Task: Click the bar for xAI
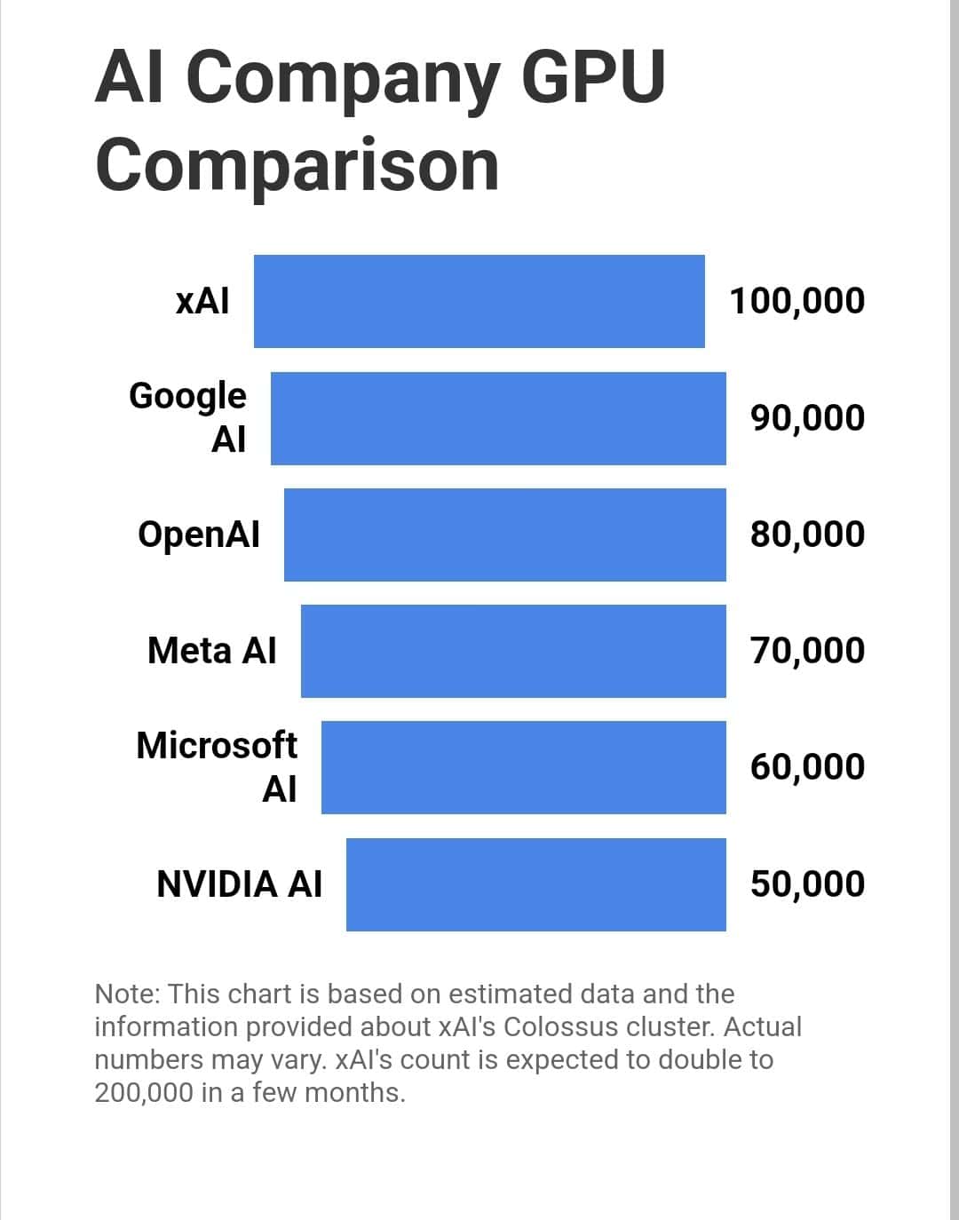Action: pyautogui.click(x=479, y=301)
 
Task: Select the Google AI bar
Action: pyautogui.click(x=498, y=418)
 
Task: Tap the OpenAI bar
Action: pyautogui.click(x=505, y=535)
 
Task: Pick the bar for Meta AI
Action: pyautogui.click(x=513, y=651)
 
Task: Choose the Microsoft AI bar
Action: pyautogui.click(x=524, y=767)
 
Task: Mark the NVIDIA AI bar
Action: pyautogui.click(x=536, y=884)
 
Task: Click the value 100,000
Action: pyautogui.click(x=797, y=301)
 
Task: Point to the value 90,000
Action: pyautogui.click(x=807, y=418)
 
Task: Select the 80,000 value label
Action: pyautogui.click(x=807, y=535)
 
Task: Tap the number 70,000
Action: pyautogui.click(x=807, y=651)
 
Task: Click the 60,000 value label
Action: pyautogui.click(x=807, y=767)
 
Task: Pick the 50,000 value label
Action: pyautogui.click(x=807, y=884)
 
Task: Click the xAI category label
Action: pyautogui.click(x=202, y=301)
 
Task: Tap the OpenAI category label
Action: pyautogui.click(x=199, y=535)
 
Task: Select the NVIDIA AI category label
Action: pyautogui.click(x=239, y=884)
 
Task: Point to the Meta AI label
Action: pyautogui.click(x=212, y=651)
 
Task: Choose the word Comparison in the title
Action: pyautogui.click(x=297, y=165)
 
